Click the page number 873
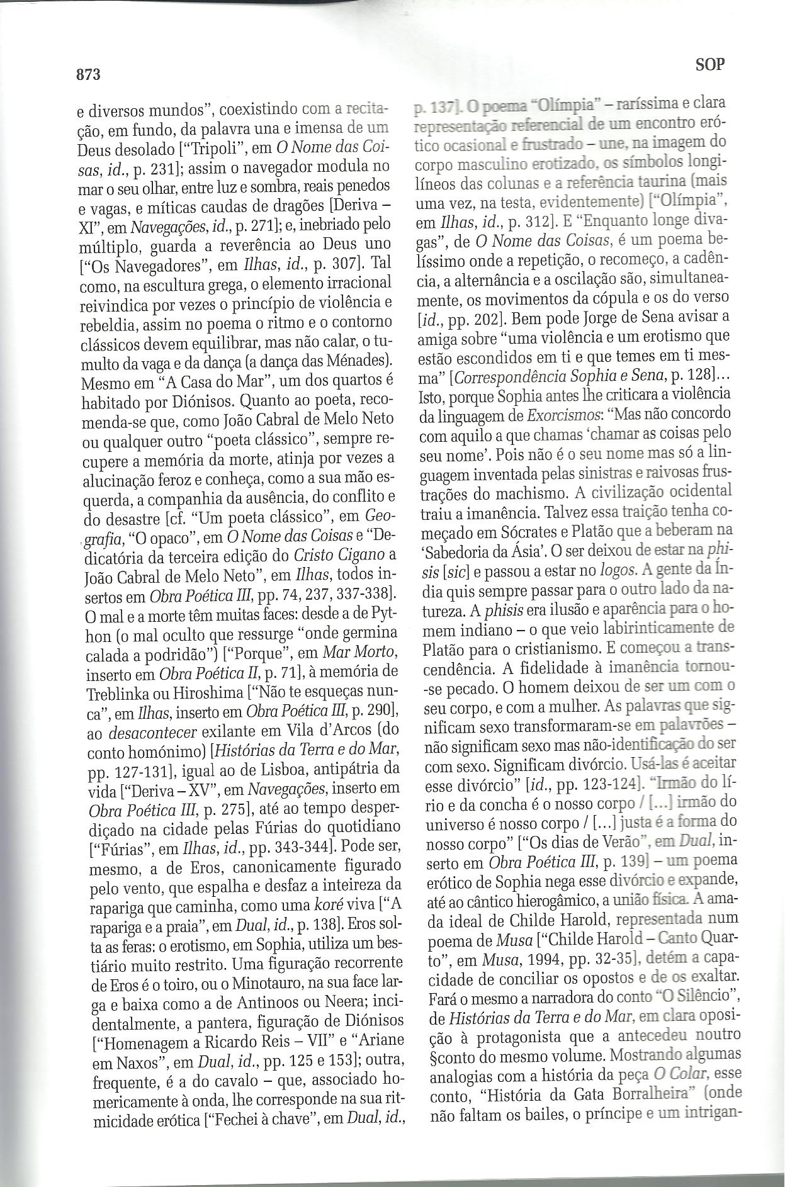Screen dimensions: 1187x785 coord(89,74)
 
